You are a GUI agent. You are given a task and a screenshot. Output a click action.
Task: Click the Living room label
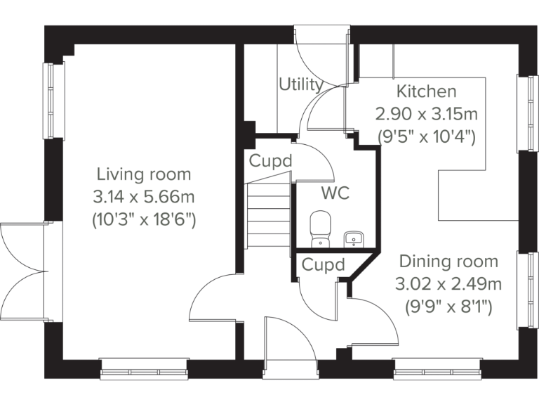coord(143,174)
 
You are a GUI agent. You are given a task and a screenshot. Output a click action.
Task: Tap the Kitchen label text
coord(426,91)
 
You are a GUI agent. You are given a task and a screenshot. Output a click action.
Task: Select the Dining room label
coord(448,262)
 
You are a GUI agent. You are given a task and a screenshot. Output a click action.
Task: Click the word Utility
coord(301,85)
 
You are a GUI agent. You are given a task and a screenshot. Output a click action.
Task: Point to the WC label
coord(335,193)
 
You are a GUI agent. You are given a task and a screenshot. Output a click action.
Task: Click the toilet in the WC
coord(320,228)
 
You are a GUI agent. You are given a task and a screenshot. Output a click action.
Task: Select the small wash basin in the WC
coord(354,239)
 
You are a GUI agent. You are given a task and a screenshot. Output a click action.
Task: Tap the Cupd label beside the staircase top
coord(270,161)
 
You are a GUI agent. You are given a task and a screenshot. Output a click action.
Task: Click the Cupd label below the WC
coord(324,265)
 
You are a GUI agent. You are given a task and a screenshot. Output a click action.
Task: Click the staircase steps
coord(268,214)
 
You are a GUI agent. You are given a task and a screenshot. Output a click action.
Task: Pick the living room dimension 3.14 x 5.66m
coord(143,197)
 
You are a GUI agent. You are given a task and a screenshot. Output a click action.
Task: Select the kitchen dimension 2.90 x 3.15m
coord(426,114)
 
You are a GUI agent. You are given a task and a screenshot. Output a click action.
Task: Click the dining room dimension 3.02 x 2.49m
coord(448,284)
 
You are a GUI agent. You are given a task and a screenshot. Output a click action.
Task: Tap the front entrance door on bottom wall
coord(290,348)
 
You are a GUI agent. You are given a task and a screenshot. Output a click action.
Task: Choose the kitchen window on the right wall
coord(524,112)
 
